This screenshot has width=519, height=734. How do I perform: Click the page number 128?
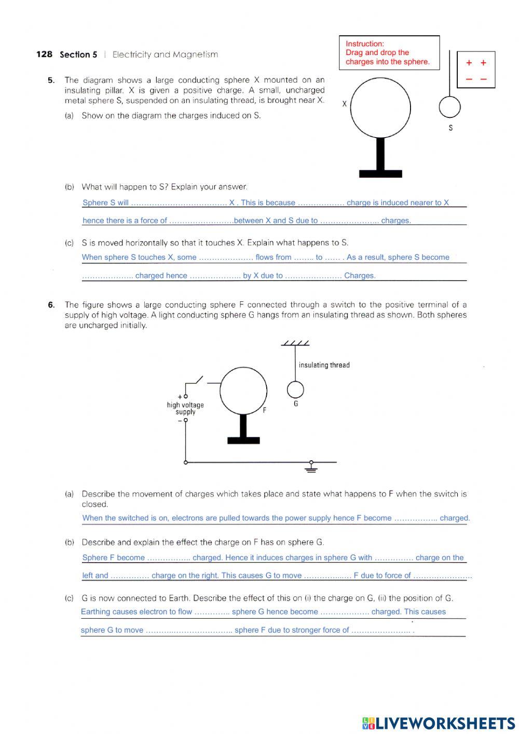pos(44,55)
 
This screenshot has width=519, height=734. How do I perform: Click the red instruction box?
pos(388,52)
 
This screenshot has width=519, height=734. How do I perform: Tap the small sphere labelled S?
pos(449,108)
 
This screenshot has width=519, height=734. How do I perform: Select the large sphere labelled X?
pos(380,108)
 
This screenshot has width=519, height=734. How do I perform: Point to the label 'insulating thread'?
pos(324,365)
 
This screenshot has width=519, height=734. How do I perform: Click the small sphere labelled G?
pos(295,390)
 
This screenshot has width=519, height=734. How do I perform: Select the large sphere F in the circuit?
pos(243,390)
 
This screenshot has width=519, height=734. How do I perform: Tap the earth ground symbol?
pos(311,467)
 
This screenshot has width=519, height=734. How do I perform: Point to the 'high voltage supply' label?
pos(185,408)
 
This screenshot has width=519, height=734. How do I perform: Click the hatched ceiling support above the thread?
pos(295,343)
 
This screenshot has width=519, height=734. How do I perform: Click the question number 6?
pos(51,305)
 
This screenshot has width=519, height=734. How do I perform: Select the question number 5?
pos(51,81)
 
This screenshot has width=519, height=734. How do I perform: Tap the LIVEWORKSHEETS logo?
pos(438,723)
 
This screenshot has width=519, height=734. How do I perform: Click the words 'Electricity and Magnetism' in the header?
pos(165,55)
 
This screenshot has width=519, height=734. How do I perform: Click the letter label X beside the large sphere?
pos(344,104)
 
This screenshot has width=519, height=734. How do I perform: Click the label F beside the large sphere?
pos(265,410)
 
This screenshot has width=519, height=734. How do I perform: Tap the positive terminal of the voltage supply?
pos(185,396)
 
